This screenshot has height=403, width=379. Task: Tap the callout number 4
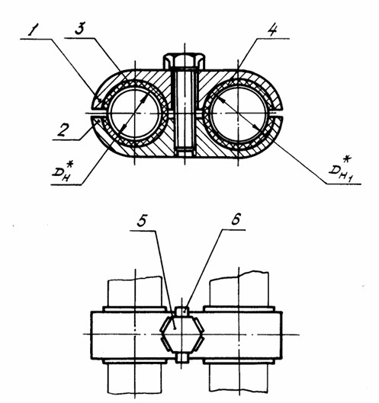[x=272, y=30]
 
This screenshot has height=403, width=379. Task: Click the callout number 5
[x=141, y=220]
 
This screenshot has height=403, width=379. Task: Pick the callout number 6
[x=235, y=219]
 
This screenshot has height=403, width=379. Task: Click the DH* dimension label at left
[x=63, y=171]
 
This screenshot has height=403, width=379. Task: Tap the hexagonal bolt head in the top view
[x=185, y=60]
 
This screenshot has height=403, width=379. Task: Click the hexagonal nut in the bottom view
[x=182, y=334]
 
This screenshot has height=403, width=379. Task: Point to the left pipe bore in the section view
[x=135, y=114]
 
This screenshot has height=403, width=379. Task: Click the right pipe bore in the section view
[x=238, y=114]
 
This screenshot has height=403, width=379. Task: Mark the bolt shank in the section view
[x=185, y=109]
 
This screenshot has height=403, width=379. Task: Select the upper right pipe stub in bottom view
[x=239, y=289]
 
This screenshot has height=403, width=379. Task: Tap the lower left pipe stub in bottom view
[x=134, y=378]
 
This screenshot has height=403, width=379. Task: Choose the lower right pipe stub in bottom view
[x=239, y=377]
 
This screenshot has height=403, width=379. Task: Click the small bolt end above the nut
[x=182, y=312]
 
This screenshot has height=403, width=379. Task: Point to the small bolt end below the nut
[x=182, y=357]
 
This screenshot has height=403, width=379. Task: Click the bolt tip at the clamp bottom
[x=185, y=152]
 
